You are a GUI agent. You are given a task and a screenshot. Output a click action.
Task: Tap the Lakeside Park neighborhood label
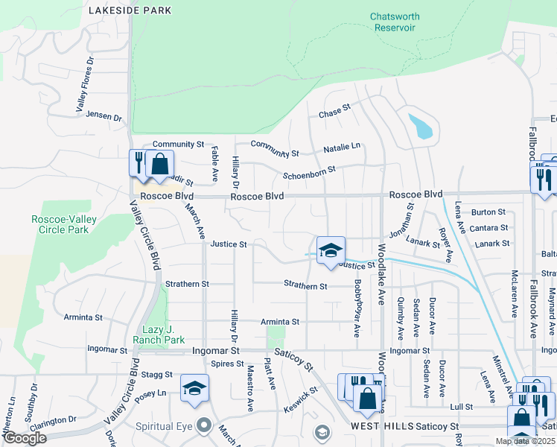pos(130,10)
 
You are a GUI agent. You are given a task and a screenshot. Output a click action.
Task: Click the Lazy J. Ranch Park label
pos(159,335)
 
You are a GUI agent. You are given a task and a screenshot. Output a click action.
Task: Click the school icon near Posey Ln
pos(194,390)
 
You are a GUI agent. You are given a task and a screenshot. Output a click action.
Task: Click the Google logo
pos(25,438)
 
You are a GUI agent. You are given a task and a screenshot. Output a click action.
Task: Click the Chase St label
pos(334,110)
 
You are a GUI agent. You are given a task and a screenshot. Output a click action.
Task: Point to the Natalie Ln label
pos(342,148)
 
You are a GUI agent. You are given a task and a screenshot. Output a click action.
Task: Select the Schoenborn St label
pos(309,174)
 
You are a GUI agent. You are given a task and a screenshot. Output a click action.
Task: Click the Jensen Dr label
pos(103,116)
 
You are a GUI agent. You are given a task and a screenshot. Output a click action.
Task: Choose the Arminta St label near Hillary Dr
pos(279,322)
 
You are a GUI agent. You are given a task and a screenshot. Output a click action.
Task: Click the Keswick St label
pos(302,403)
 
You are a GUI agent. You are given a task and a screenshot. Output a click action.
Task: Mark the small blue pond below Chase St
pos(421,126)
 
